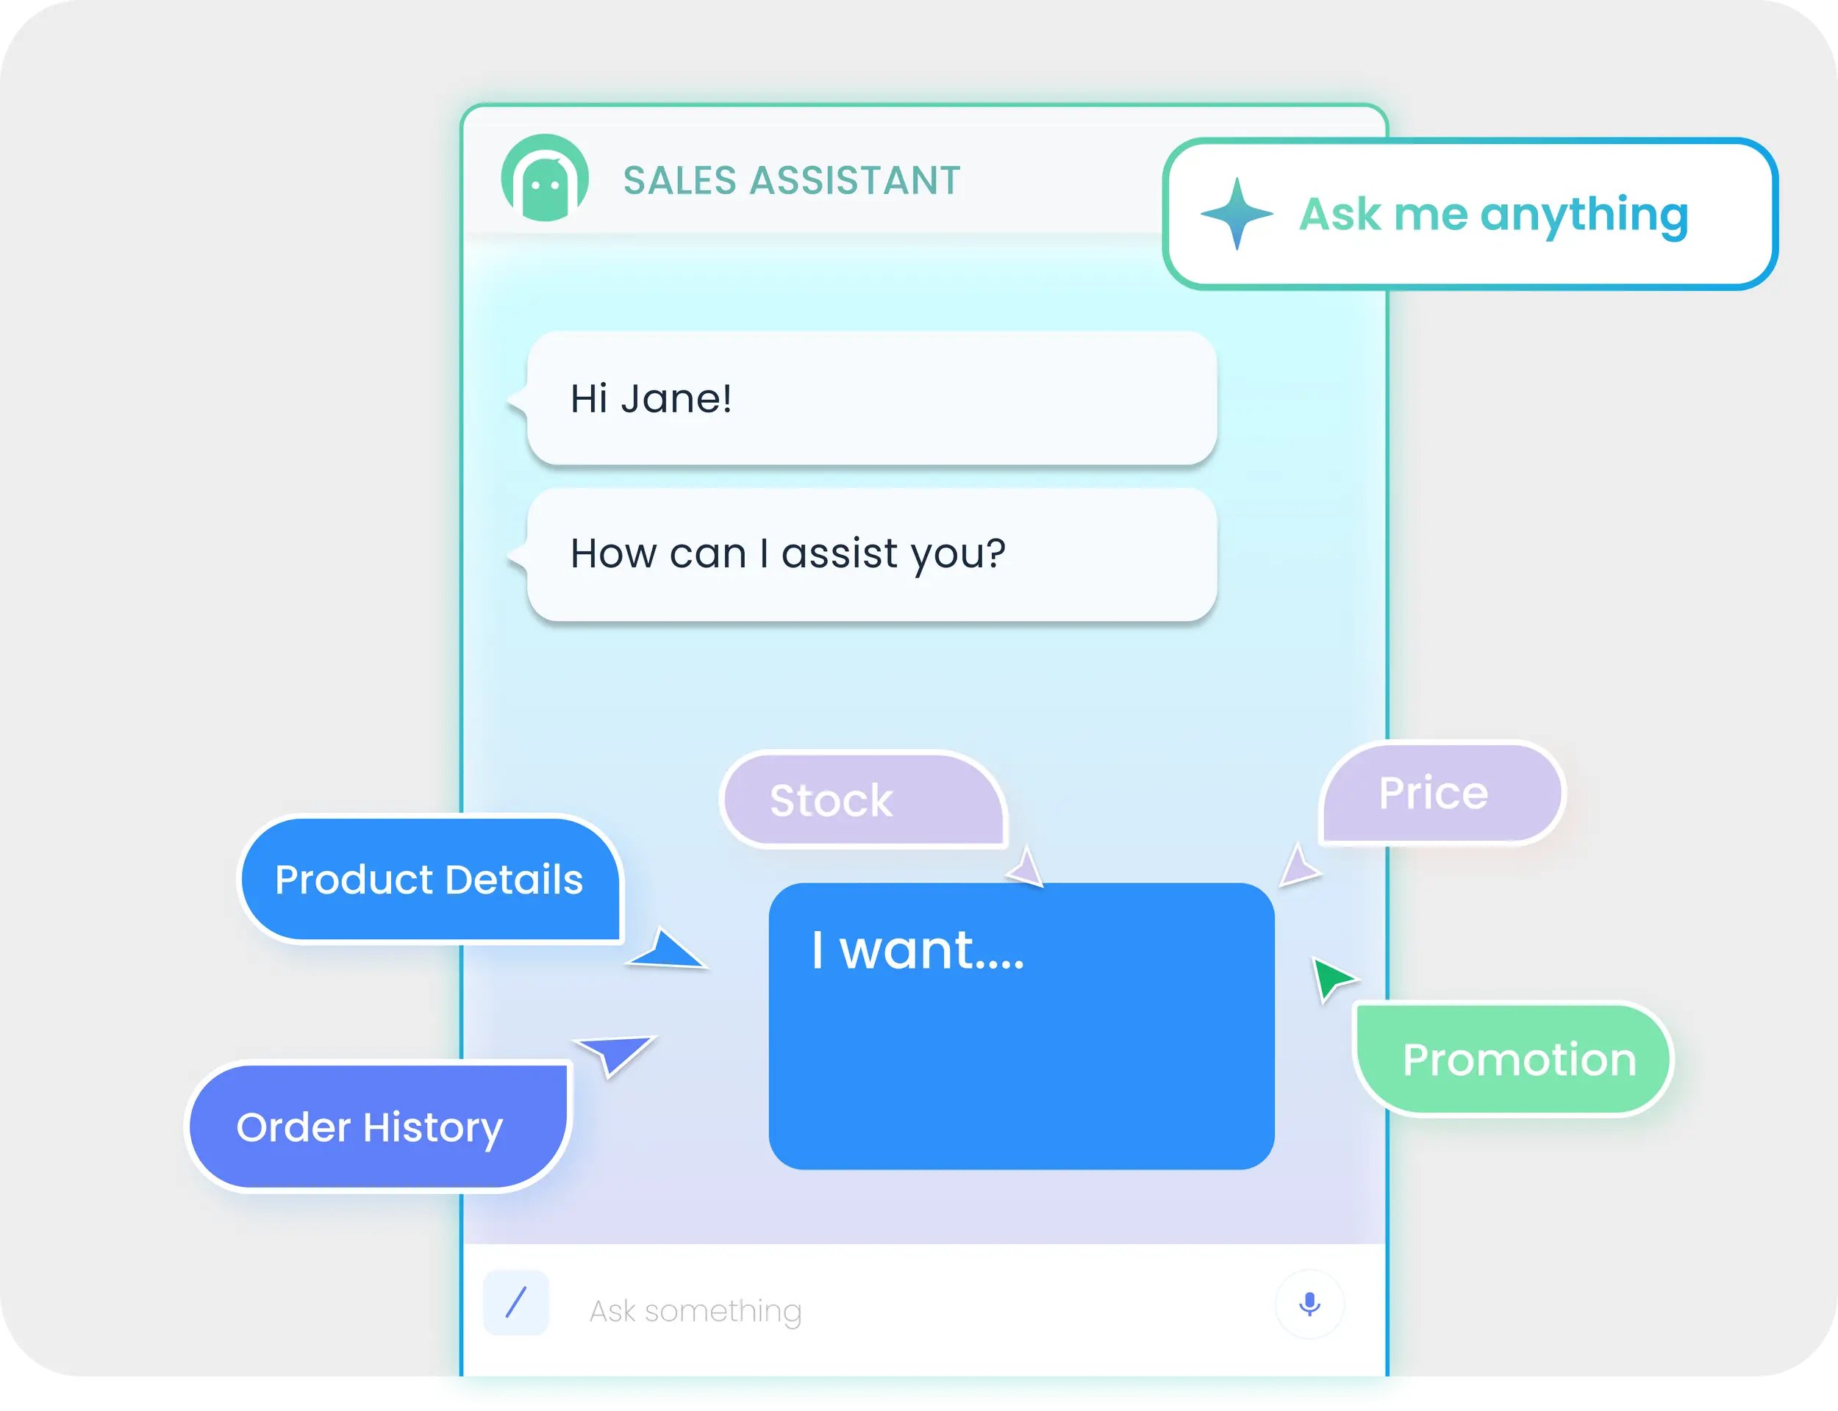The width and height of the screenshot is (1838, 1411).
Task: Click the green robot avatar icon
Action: point(544,178)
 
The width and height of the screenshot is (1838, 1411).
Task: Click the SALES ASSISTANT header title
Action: point(791,181)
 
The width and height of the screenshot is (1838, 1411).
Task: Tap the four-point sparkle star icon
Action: point(1236,213)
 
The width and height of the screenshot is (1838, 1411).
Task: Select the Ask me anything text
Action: point(1492,213)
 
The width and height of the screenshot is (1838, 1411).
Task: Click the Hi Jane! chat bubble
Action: point(871,398)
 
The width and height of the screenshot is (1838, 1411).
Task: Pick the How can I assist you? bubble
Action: point(871,554)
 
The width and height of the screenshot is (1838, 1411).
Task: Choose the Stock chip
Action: point(862,800)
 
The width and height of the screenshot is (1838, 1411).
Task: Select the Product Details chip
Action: point(429,880)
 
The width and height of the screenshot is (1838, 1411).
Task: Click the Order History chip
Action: point(377,1127)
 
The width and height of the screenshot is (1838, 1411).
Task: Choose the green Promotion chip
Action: point(1513,1059)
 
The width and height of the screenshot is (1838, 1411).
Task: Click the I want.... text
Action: point(918,951)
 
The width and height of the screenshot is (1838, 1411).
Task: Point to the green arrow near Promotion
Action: point(1331,977)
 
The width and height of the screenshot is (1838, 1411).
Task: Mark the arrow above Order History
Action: point(618,1052)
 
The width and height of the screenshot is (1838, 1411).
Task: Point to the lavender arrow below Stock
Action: point(1026,869)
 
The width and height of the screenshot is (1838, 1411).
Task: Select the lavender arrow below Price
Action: point(1298,866)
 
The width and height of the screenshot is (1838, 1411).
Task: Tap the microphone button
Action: point(1309,1304)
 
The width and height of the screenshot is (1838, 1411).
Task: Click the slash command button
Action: point(516,1303)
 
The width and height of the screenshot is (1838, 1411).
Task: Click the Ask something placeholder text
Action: point(695,1310)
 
